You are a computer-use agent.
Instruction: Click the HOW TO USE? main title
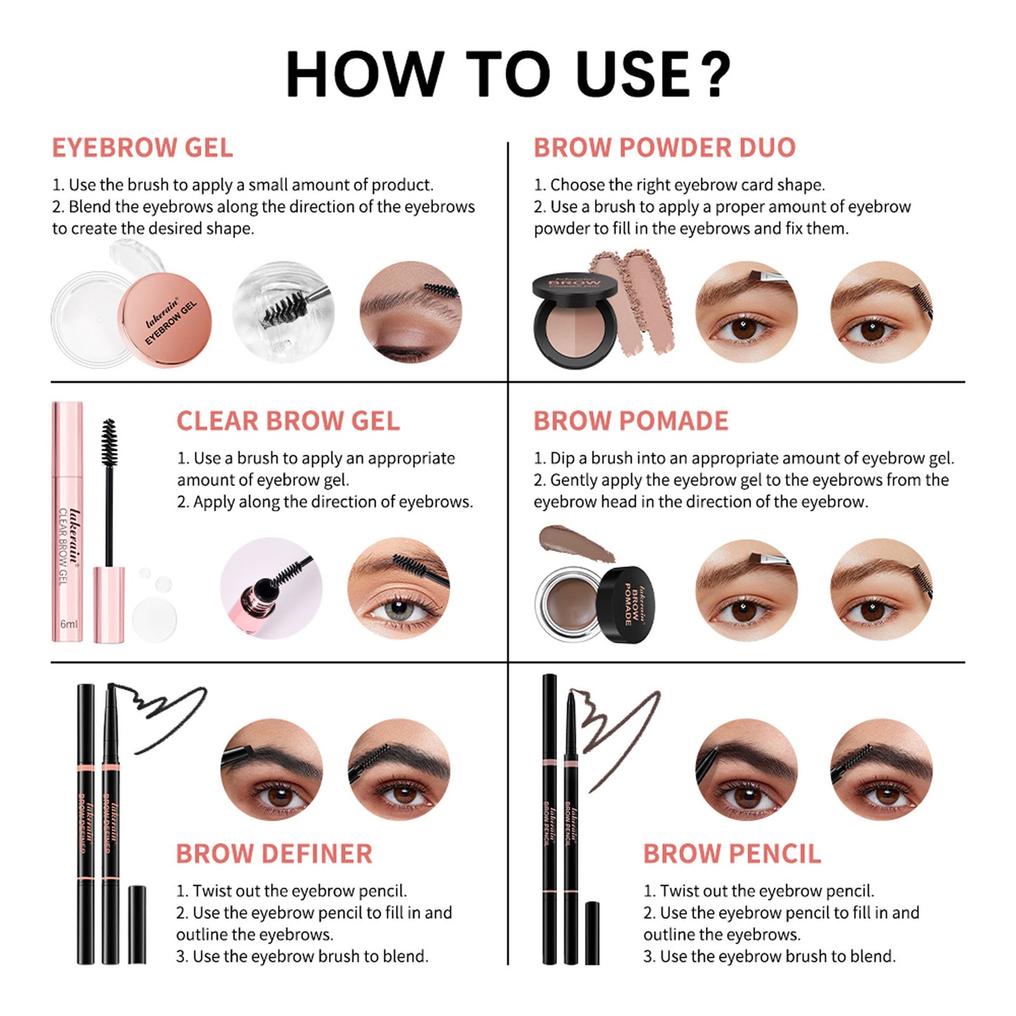coord(508,74)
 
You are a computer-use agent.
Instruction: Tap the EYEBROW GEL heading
coord(142,148)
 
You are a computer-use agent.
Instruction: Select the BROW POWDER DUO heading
coord(664,148)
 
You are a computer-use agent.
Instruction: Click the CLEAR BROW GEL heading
coord(288,420)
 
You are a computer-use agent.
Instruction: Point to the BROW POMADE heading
coord(630,420)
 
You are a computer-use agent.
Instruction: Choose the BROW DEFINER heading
coord(274,854)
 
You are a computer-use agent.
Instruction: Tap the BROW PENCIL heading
coord(731,854)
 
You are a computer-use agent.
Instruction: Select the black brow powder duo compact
coord(574,320)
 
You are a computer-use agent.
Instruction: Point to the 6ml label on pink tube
coord(68,624)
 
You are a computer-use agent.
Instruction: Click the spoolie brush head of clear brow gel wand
coord(108,443)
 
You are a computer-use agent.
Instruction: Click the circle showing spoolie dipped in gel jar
coord(283,312)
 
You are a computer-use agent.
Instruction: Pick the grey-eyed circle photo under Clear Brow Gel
coord(399,589)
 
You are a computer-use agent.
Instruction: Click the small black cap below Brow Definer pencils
coord(137,924)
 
